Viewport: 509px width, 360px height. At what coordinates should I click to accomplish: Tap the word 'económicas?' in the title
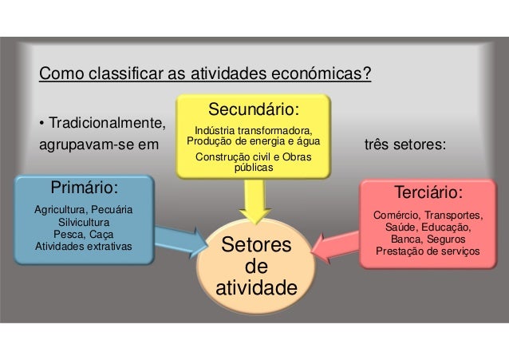[x=320, y=76]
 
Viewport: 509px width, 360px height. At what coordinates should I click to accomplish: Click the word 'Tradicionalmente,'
[x=101, y=125]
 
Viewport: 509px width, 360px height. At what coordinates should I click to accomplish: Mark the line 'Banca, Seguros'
[x=428, y=239]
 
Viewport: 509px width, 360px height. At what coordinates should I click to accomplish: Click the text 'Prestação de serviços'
[x=428, y=251]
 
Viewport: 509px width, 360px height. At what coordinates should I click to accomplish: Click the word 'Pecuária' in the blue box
[x=111, y=210]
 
